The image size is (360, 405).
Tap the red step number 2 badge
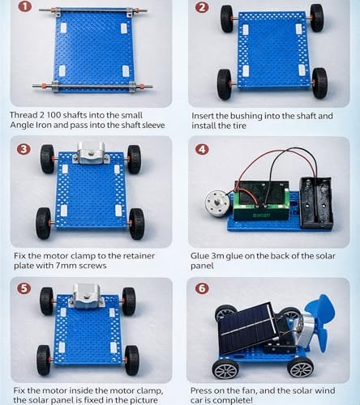pyautogui.click(x=202, y=8)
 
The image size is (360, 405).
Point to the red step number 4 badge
pyautogui.click(x=202, y=149)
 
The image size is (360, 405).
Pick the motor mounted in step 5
pyautogui.click(x=84, y=296)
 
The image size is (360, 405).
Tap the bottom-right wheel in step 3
pyautogui.click(x=136, y=224)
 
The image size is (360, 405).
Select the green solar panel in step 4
pyautogui.click(x=262, y=202)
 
